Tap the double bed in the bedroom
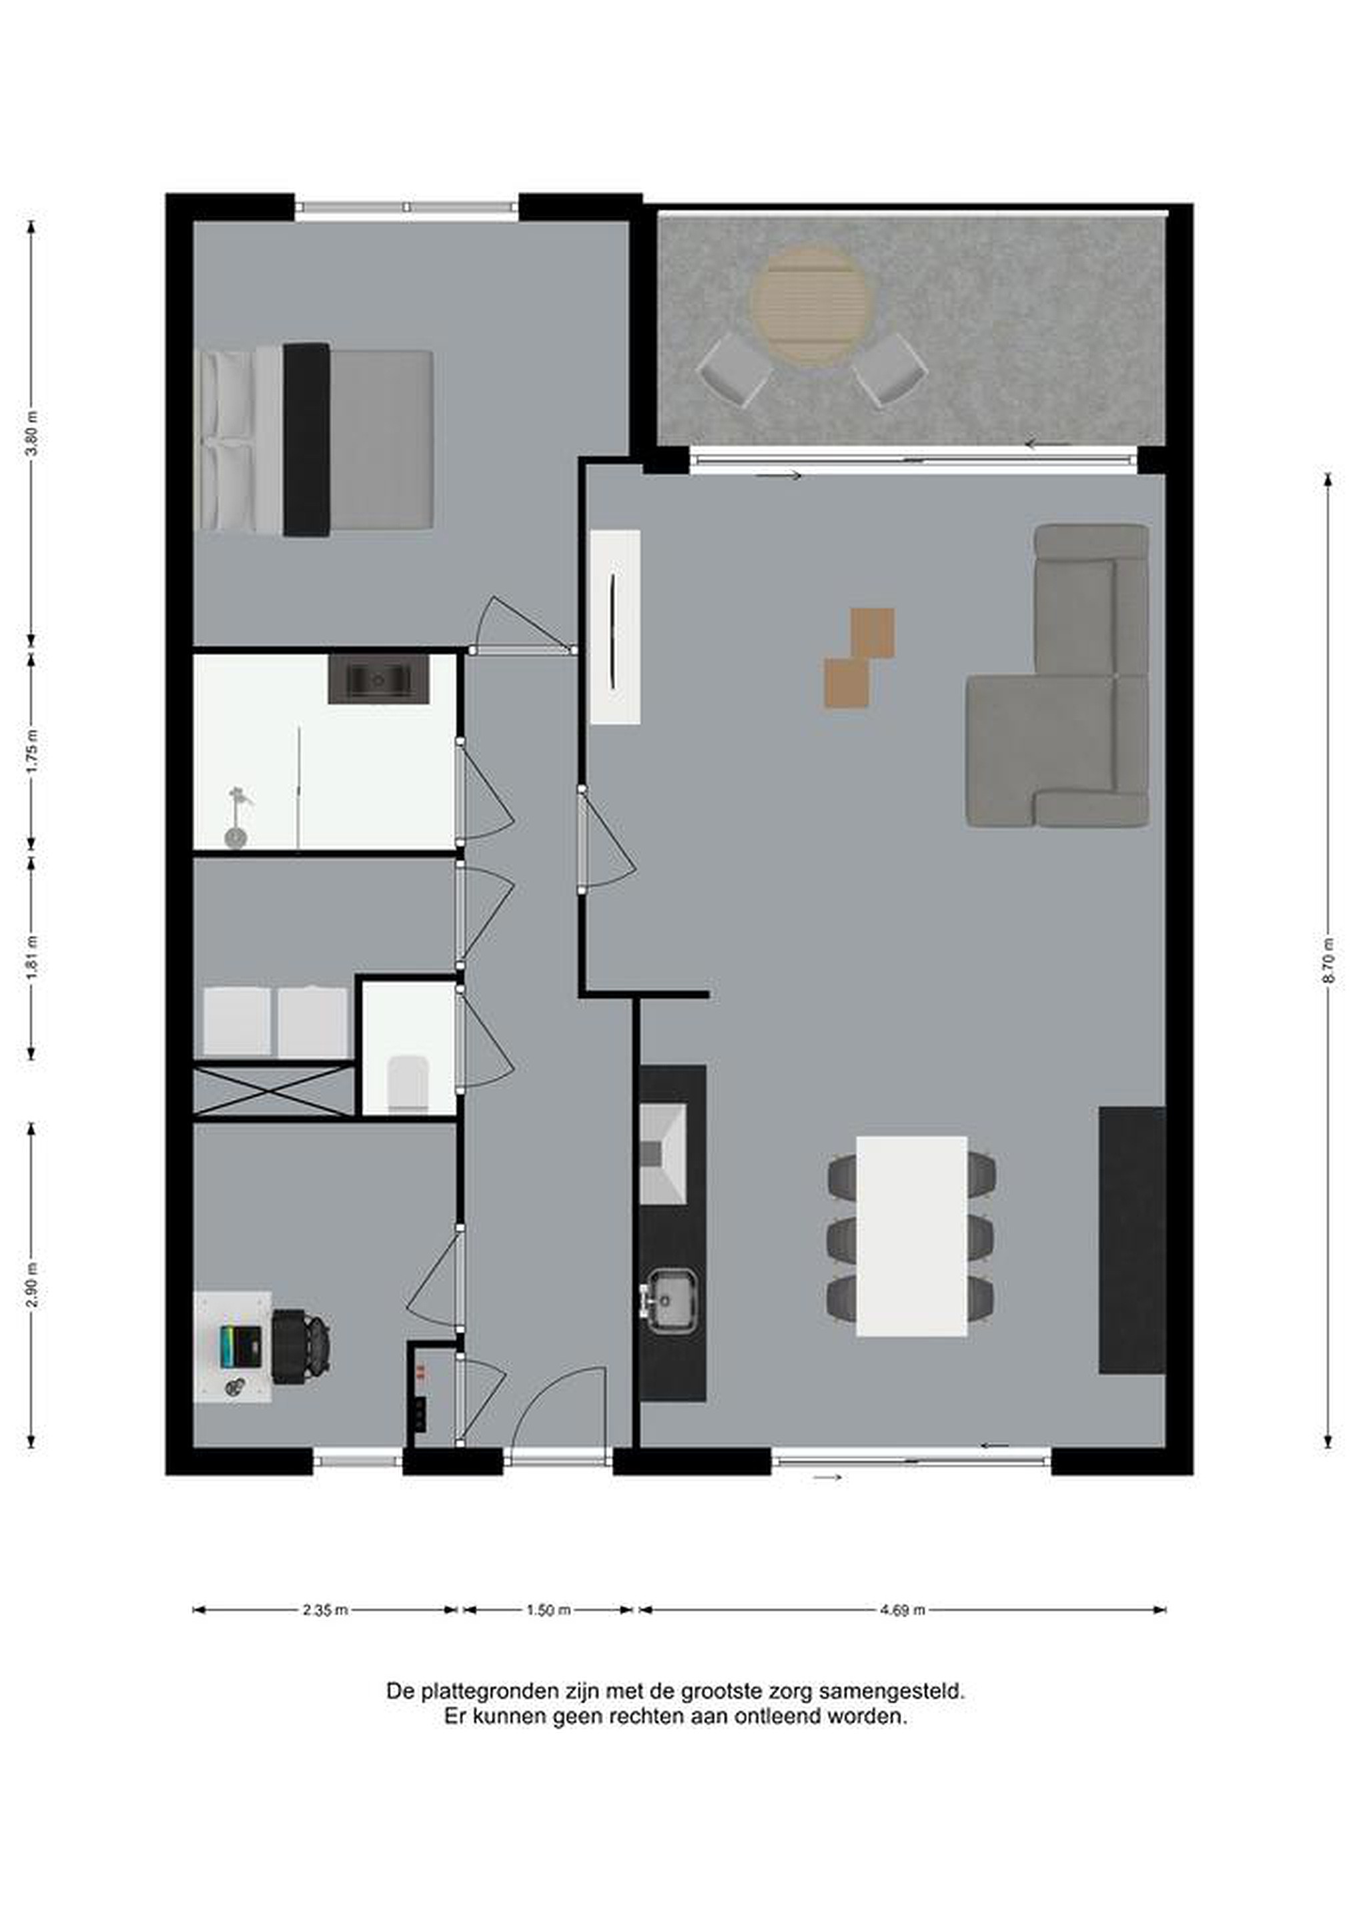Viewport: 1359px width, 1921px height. point(316,440)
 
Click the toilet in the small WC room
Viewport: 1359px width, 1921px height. point(408,1083)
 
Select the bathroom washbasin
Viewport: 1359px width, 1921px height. point(378,678)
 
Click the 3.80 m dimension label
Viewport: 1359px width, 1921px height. point(32,434)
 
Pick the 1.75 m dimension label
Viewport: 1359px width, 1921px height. point(32,752)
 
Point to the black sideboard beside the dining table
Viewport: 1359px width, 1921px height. point(1131,1240)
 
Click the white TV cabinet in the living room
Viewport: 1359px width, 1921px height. point(615,627)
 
